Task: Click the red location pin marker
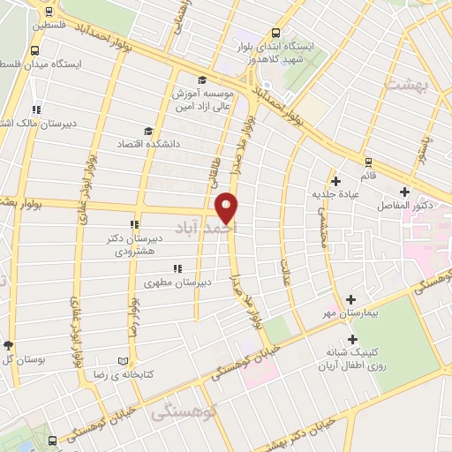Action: pyautogui.click(x=228, y=207)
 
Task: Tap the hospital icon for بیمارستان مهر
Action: pyautogui.click(x=351, y=300)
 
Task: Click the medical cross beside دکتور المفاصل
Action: pyautogui.click(x=404, y=192)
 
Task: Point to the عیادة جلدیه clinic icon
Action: pyautogui.click(x=336, y=181)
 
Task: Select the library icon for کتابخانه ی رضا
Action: pyautogui.click(x=123, y=362)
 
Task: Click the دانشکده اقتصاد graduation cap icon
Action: pyautogui.click(x=147, y=131)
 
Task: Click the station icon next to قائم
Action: pyautogui.click(x=368, y=162)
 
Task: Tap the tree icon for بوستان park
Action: pyautogui.click(x=9, y=345)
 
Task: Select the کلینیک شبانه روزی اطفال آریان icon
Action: pyautogui.click(x=352, y=338)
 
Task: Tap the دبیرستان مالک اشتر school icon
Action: pyautogui.click(x=35, y=109)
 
